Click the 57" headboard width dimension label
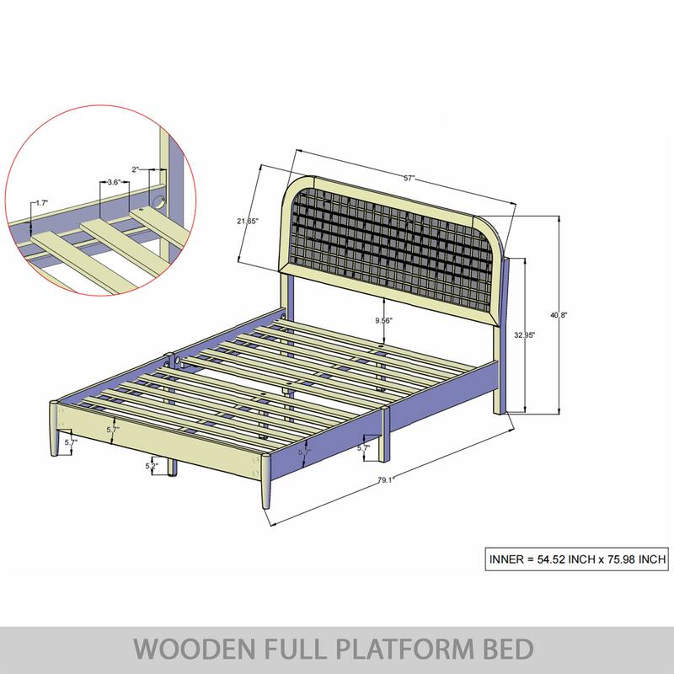pos(409,179)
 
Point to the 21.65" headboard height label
pos(247,221)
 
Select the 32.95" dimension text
pos(525,334)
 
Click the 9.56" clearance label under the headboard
pos(383,321)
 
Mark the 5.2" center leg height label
pos(152,466)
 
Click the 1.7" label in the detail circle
pos(41,203)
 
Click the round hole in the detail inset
pos(157,201)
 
